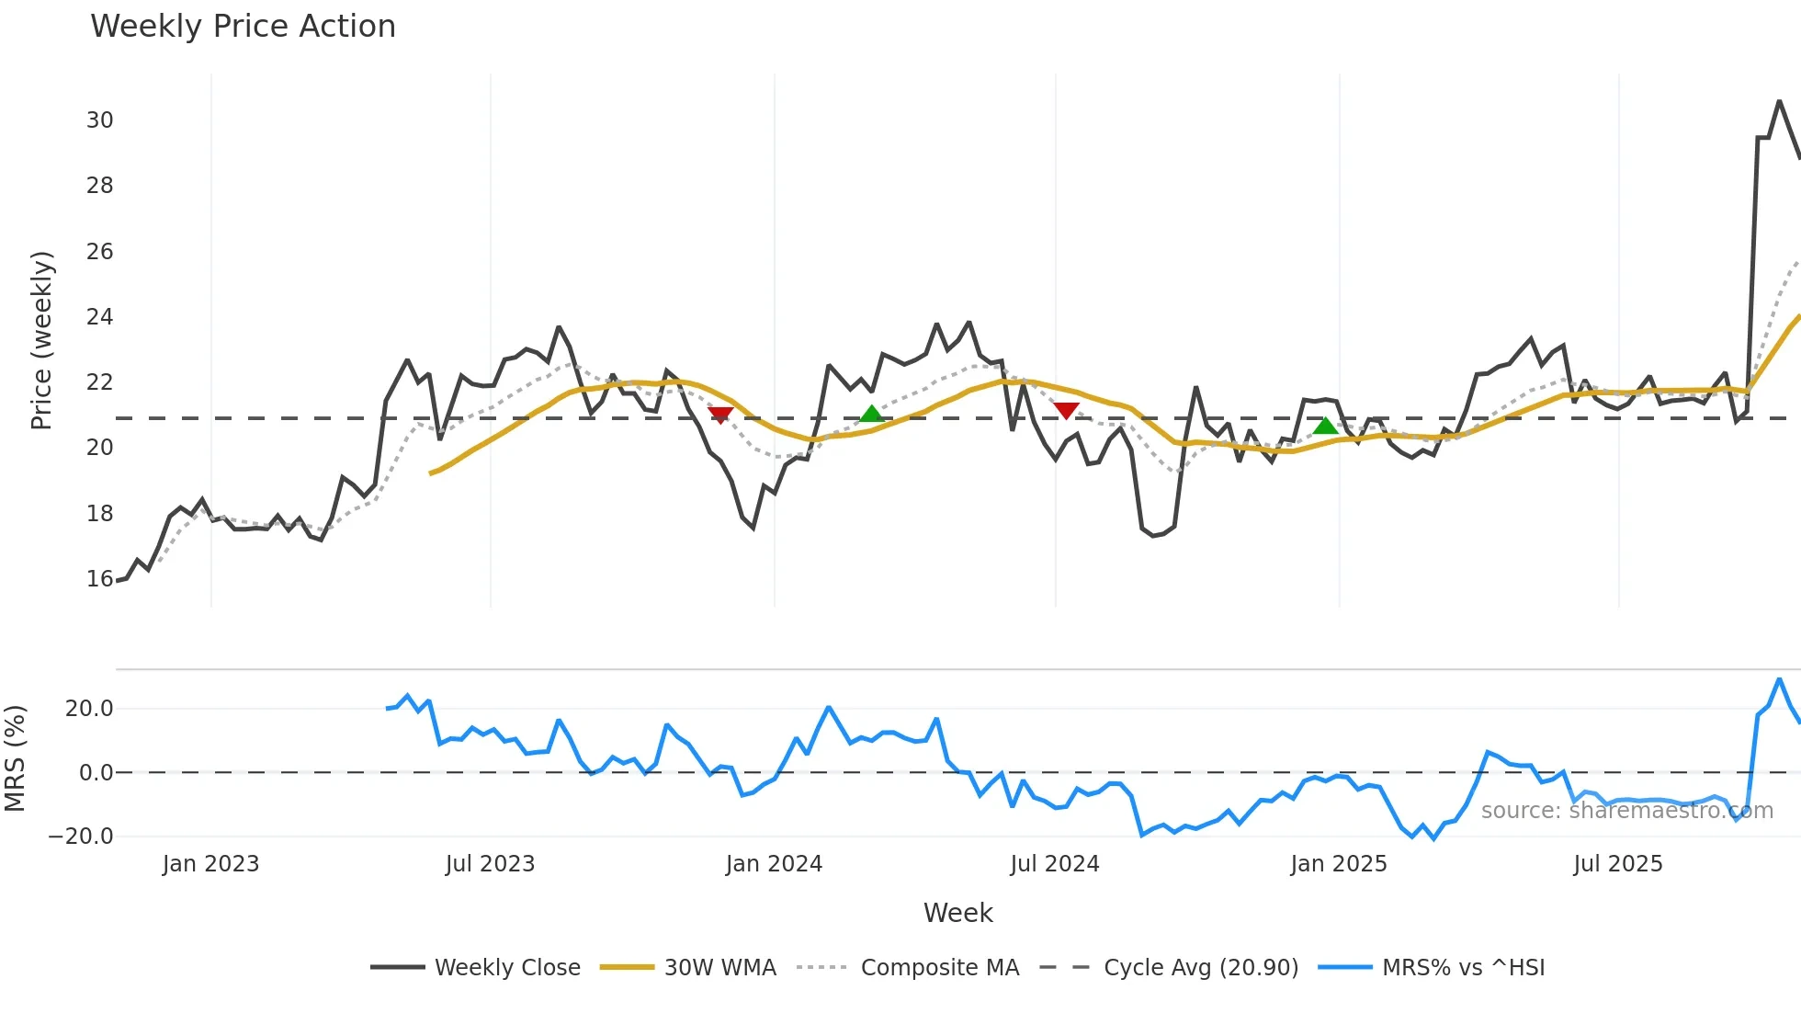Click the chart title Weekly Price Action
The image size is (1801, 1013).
click(x=243, y=27)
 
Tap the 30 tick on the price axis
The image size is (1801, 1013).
click(x=100, y=120)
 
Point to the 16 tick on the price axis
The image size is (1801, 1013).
click(x=100, y=579)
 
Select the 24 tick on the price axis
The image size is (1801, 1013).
click(x=100, y=317)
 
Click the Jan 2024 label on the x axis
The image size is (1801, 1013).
click(x=774, y=864)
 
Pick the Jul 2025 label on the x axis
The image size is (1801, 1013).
click(x=1618, y=864)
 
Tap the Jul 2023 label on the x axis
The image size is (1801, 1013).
click(x=490, y=864)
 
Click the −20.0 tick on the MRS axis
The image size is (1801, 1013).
click(x=81, y=837)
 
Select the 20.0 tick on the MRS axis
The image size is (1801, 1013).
click(x=89, y=709)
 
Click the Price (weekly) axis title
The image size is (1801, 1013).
click(x=42, y=340)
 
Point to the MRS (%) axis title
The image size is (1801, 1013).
click(x=15, y=758)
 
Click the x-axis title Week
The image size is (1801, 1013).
click(x=957, y=913)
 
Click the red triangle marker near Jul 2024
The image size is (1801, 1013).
click(x=1066, y=410)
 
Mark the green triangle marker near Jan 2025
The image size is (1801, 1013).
click(x=1325, y=426)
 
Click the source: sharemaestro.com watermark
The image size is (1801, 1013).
click(x=1626, y=811)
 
